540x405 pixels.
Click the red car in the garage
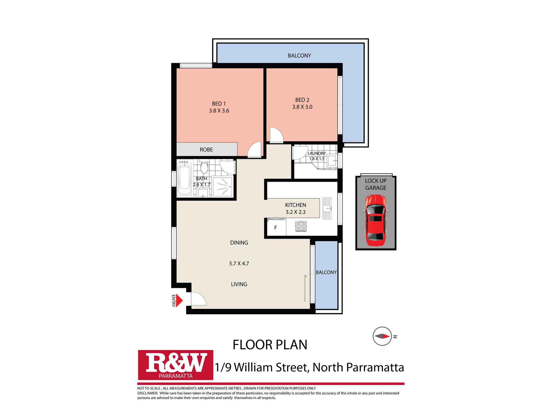(x=376, y=220)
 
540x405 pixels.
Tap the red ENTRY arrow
(x=179, y=300)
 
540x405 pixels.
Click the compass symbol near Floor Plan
(x=382, y=336)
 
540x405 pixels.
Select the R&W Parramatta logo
(x=175, y=365)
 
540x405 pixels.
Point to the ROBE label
(x=206, y=150)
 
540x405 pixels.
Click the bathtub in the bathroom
(x=185, y=177)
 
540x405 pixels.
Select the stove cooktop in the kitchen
(x=301, y=226)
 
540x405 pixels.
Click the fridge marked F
(x=276, y=228)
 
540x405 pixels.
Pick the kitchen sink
(x=327, y=208)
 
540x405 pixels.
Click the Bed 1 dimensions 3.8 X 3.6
(x=219, y=111)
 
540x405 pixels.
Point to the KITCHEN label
(x=296, y=205)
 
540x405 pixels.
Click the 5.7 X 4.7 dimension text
(x=239, y=264)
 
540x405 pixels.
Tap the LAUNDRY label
(x=317, y=153)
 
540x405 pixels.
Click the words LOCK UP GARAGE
(x=376, y=184)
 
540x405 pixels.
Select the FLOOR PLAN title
(x=270, y=345)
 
